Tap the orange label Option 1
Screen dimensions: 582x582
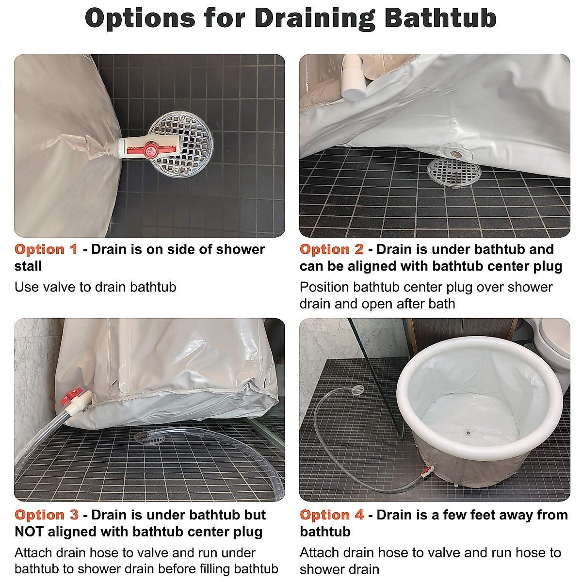[46, 249]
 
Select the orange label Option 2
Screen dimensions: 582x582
[332, 249]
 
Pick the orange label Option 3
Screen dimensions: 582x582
[47, 515]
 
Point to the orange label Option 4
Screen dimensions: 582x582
[332, 515]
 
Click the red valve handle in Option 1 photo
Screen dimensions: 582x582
[151, 150]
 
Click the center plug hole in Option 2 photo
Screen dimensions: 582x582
[456, 154]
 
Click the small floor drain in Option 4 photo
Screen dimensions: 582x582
[357, 389]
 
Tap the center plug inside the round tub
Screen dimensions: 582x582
[468, 433]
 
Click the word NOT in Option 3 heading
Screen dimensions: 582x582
[31, 532]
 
